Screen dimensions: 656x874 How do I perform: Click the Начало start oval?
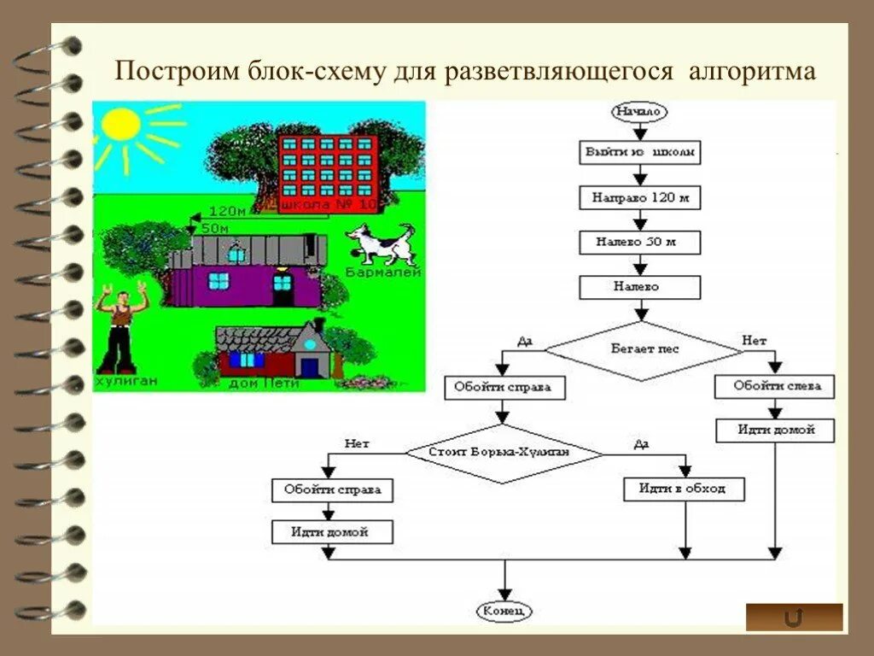639,111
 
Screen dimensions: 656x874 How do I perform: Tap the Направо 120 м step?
639,198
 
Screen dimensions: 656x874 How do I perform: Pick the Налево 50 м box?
639,242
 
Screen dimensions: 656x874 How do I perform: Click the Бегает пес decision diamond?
644,349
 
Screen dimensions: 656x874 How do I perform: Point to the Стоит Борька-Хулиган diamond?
504,451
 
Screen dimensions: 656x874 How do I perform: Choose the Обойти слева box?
774,387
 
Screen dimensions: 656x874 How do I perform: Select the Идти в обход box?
684,489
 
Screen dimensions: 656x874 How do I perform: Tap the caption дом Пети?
264,384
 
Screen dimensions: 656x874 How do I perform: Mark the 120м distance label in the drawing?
226,211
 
